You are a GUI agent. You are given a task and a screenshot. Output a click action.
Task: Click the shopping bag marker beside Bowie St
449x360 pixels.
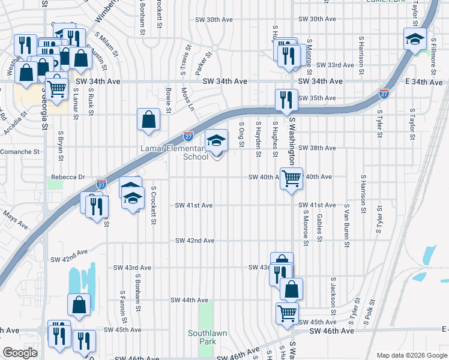148,119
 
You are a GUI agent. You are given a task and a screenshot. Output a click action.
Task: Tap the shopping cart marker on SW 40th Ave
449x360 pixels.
291,178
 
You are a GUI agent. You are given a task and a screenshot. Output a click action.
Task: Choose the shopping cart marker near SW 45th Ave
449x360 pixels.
287,313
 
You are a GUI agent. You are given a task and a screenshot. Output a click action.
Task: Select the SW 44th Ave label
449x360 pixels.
189,300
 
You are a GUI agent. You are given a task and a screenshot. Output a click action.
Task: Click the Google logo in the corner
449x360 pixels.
20,353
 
